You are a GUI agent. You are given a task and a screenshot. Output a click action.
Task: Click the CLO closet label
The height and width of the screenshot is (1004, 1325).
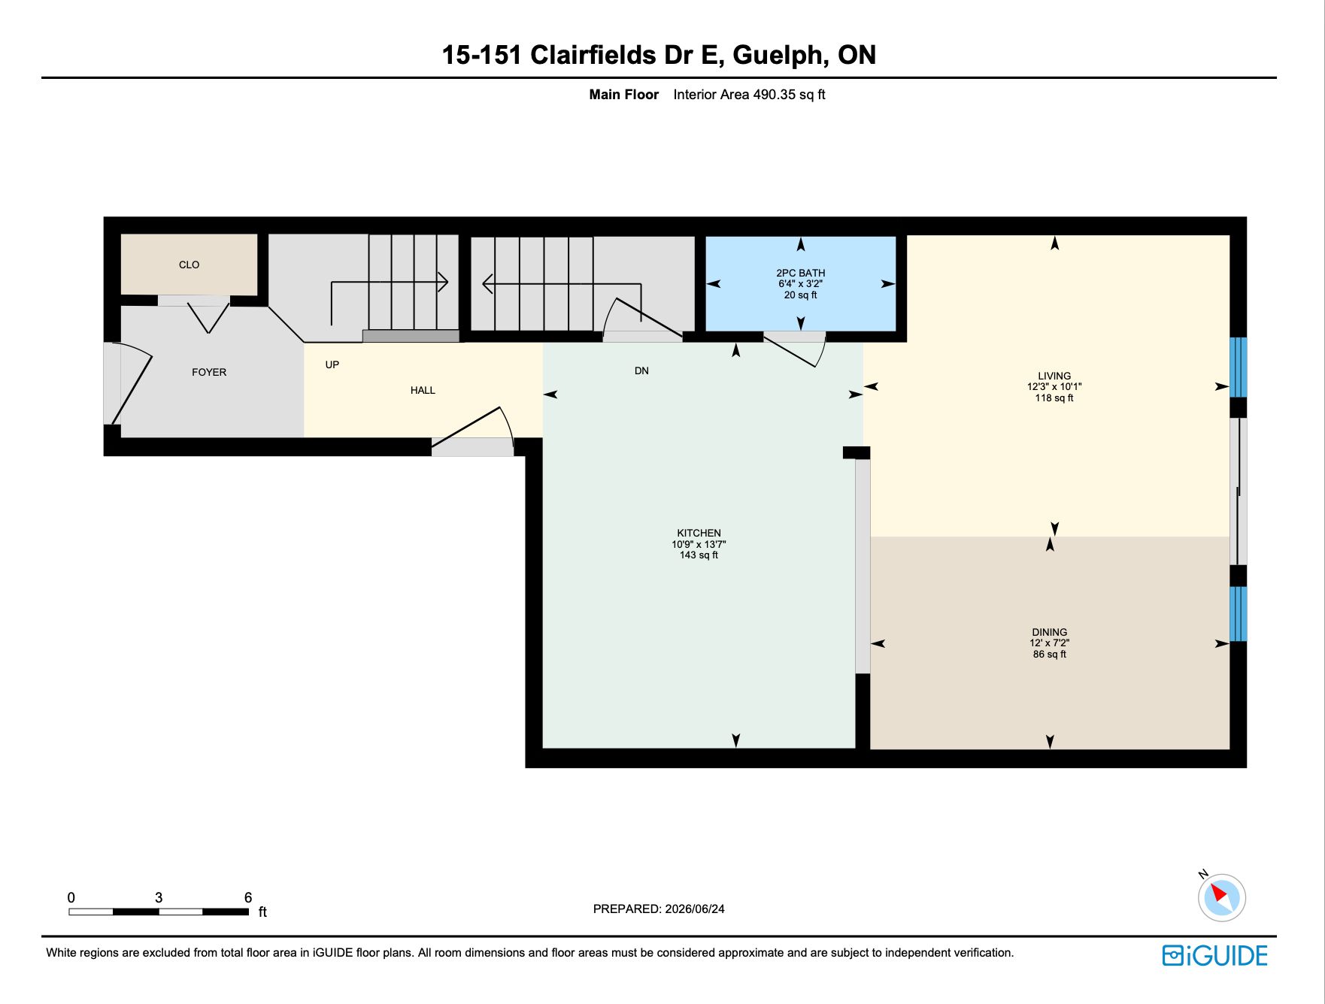[189, 265]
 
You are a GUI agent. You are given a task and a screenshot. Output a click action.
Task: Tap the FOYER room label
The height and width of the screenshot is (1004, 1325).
[209, 372]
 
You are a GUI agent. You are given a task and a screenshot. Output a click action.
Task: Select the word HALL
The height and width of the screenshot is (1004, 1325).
[423, 390]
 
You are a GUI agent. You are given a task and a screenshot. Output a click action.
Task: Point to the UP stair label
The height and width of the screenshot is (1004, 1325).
[332, 364]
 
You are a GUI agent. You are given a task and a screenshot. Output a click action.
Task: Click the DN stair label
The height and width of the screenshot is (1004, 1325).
[641, 370]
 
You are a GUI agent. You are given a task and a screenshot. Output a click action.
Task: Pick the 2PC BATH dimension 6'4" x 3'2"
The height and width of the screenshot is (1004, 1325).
[800, 284]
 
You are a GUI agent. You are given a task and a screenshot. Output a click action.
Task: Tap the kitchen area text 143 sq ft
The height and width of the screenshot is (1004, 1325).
[699, 555]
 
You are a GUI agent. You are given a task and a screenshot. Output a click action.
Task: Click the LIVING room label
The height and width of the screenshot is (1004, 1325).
[1054, 376]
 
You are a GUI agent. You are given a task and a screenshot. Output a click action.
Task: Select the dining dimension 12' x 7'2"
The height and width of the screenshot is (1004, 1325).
[1050, 643]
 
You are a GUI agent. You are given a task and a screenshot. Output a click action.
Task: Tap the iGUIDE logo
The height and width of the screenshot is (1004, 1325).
[1215, 955]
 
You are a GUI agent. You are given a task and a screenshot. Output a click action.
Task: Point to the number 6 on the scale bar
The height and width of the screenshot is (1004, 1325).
[248, 897]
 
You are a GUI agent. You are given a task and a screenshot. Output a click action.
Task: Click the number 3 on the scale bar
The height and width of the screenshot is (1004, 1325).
[159, 897]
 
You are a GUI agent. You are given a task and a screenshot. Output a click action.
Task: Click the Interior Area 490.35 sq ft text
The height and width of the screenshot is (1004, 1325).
[749, 95]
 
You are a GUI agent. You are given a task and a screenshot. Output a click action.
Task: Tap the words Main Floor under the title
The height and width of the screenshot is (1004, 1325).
[623, 95]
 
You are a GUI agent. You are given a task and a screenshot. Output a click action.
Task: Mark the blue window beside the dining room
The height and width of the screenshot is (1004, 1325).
[1239, 614]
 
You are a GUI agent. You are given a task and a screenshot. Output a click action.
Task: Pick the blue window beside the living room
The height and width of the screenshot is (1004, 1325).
[1239, 367]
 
